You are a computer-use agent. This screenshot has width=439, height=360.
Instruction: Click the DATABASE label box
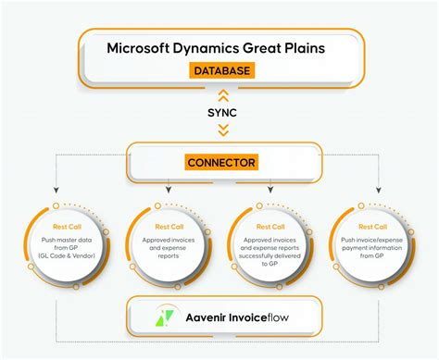[221, 70]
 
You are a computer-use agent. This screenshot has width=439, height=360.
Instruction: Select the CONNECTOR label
[220, 164]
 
